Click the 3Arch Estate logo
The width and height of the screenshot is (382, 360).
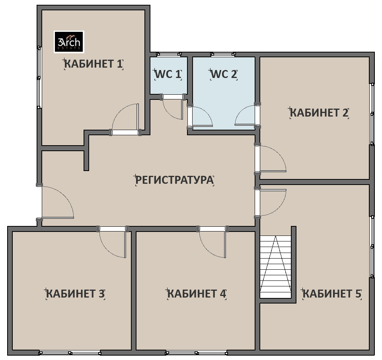[69, 42]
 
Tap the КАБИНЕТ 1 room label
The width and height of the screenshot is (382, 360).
[94, 64]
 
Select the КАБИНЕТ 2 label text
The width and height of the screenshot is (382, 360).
[319, 113]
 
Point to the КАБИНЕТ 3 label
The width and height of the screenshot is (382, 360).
[76, 294]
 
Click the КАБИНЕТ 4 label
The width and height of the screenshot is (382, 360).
[197, 294]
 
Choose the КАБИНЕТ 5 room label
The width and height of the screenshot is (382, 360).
[332, 294]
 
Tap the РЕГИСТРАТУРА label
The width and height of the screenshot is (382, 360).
[174, 180]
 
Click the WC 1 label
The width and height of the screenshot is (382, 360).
[168, 74]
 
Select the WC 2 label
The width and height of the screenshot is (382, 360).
[224, 74]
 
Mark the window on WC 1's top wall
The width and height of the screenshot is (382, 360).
[169, 54]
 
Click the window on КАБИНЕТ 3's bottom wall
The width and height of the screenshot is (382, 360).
[70, 353]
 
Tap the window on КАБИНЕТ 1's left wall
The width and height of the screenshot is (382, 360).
[39, 77]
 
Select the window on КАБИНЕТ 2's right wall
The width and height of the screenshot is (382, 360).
[372, 114]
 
